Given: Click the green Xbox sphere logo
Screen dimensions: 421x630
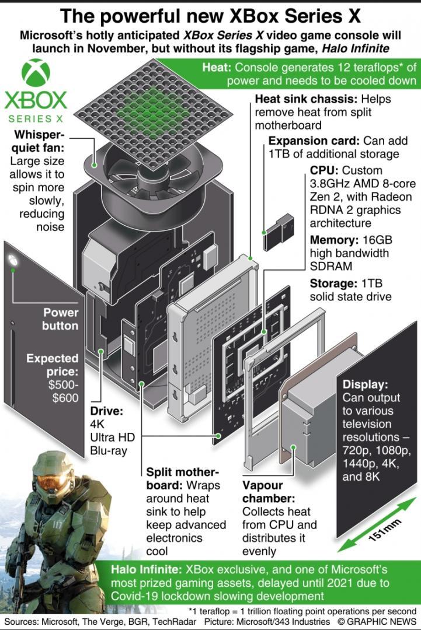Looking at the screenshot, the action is (x=36, y=73).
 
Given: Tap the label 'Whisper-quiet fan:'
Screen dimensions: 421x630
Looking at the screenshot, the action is (x=38, y=141).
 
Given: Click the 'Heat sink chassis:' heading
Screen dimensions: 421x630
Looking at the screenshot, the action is (x=307, y=99).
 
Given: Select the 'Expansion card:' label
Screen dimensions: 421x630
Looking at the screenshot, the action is (x=314, y=141).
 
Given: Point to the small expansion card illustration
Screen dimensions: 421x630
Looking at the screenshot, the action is (x=279, y=233).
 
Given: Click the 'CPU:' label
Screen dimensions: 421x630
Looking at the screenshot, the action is (x=324, y=170).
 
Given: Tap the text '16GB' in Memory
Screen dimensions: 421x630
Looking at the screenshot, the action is (x=377, y=240).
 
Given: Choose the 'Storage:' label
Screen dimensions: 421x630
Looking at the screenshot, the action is (x=333, y=283).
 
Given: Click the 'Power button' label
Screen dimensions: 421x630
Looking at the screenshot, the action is (x=60, y=319).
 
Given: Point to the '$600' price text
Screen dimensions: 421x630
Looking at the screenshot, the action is (x=65, y=398).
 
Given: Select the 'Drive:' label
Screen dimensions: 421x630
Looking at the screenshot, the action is (x=106, y=411).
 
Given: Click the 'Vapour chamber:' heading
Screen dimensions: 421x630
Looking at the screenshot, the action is (x=269, y=492).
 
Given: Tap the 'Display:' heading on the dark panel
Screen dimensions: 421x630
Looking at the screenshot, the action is (x=365, y=384).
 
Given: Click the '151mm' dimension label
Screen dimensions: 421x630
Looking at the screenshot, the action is (x=385, y=530).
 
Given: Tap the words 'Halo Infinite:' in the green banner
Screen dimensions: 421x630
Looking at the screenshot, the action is (x=146, y=569).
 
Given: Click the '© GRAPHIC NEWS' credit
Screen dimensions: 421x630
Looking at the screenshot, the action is (x=377, y=621).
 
